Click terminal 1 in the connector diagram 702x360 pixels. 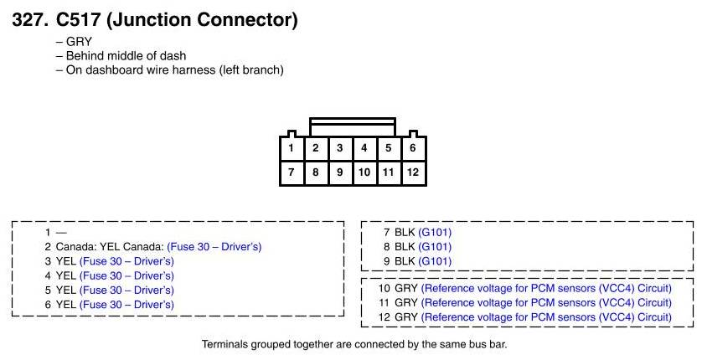click(x=292, y=148)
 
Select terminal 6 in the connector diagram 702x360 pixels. click(x=413, y=148)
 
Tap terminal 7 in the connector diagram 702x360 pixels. click(x=292, y=172)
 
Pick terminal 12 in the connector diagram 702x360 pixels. click(x=413, y=172)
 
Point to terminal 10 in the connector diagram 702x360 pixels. click(x=364, y=172)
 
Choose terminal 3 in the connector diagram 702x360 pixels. click(x=340, y=148)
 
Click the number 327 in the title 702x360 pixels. click(x=29, y=20)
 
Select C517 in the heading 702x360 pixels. click(x=77, y=20)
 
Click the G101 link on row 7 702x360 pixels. click(x=435, y=233)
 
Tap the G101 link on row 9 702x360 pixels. click(x=435, y=261)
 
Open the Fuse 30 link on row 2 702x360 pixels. click(x=214, y=247)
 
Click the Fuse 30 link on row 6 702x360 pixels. click(x=126, y=305)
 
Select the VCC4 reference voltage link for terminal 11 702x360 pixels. click(x=546, y=303)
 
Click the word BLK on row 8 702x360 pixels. click(x=405, y=247)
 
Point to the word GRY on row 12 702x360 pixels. click(x=406, y=317)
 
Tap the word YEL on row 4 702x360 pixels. click(x=66, y=275)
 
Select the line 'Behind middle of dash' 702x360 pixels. click(x=126, y=56)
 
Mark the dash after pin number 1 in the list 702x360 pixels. click(x=61, y=233)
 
